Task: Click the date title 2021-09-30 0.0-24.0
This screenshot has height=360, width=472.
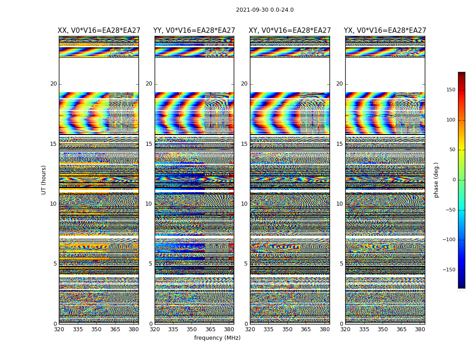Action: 265,10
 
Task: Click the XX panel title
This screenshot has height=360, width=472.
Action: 99,31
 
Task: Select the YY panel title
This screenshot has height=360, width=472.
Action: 194,31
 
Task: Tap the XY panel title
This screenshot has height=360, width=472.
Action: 290,31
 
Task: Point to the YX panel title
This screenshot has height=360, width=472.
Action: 385,31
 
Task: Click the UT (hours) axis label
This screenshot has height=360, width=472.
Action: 44,180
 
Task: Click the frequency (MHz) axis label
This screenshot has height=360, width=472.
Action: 217,338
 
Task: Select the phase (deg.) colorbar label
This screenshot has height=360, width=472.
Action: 436,180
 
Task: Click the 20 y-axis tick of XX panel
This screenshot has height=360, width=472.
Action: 53,84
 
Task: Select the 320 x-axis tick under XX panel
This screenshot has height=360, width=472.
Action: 59,330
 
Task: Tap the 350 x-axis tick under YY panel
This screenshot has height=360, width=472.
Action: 192,330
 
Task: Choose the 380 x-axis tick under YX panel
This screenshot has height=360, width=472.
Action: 420,330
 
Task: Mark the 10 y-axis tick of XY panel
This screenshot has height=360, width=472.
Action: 244,204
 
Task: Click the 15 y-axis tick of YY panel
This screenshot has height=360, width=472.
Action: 149,144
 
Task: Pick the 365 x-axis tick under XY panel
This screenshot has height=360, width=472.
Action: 306,330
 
